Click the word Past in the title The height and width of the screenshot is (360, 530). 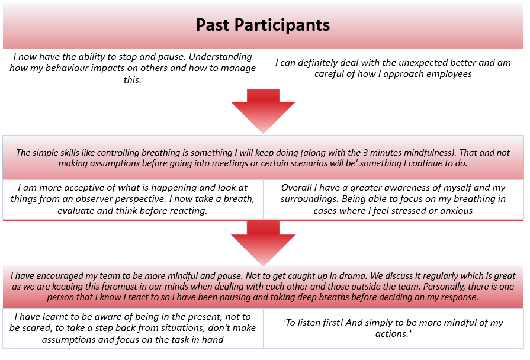[212, 25]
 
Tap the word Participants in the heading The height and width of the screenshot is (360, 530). [282, 25]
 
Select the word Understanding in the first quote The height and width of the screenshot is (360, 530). [220, 57]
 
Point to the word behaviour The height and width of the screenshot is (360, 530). [69, 68]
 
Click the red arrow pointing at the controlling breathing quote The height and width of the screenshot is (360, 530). [263, 111]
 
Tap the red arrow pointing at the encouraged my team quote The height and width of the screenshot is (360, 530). [263, 243]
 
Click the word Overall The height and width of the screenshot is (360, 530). [297, 188]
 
